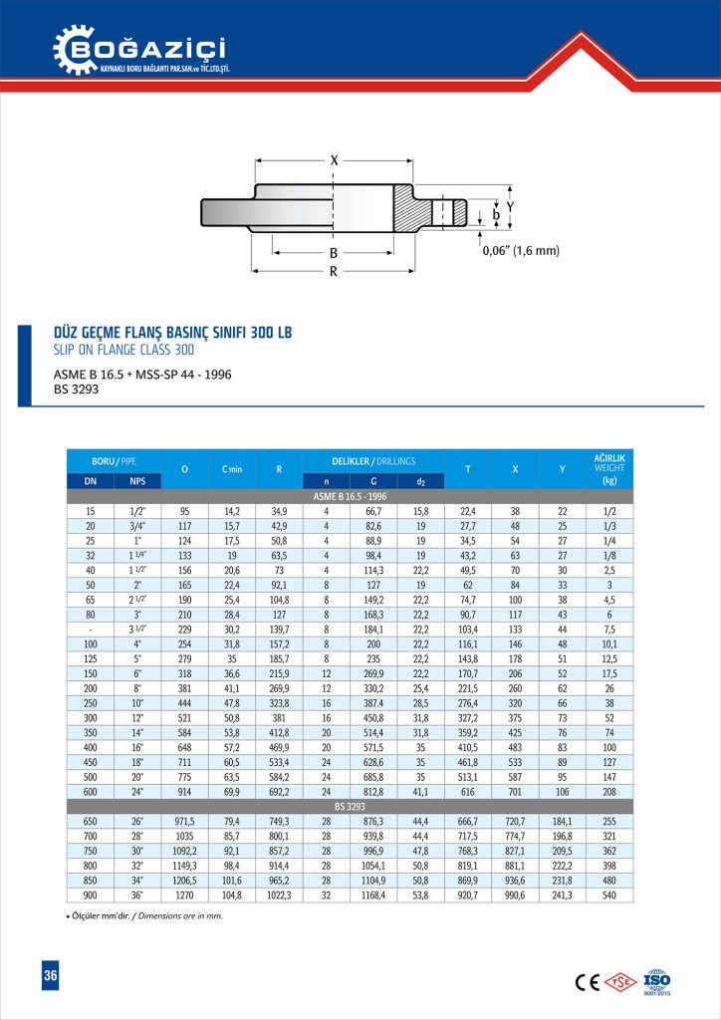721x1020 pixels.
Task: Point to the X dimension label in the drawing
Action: tap(334, 159)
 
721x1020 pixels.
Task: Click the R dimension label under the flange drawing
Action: tap(334, 270)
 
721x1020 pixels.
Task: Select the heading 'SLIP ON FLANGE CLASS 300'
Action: tap(122, 350)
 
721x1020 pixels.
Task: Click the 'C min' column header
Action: tap(232, 469)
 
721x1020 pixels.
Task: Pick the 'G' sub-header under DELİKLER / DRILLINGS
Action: tap(373, 482)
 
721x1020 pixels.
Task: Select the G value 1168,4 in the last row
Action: tap(373, 895)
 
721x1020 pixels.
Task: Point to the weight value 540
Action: tap(608, 895)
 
